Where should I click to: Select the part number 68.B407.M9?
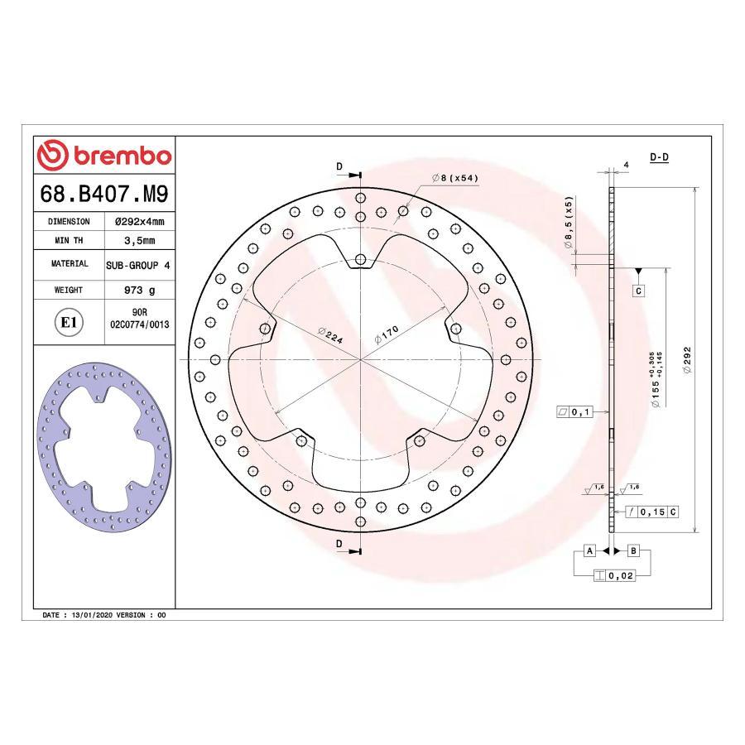[104, 195]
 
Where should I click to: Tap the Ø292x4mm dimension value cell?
[138, 222]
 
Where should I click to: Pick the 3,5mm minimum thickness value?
[138, 241]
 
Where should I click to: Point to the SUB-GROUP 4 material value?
[138, 265]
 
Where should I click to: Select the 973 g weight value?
[138, 291]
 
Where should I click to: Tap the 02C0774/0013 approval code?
[139, 325]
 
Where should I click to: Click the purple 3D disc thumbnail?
[104, 448]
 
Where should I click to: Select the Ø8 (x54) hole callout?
[455, 178]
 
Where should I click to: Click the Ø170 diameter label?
[387, 335]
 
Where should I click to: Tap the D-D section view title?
[660, 156]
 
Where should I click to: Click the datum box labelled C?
[639, 291]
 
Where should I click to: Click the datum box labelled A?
[589, 550]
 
